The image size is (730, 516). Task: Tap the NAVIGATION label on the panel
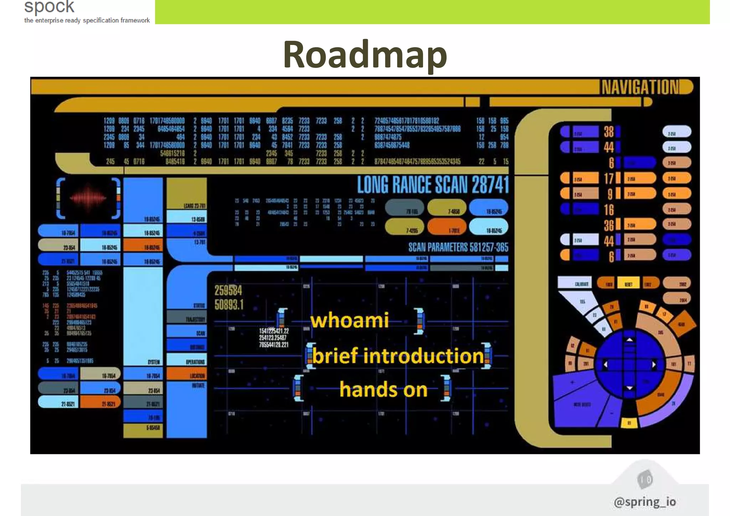640,87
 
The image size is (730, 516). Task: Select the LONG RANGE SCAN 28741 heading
433,185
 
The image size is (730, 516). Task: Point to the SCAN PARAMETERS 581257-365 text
458,247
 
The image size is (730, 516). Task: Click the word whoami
349,320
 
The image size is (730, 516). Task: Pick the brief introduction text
398,356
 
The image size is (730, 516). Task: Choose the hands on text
383,389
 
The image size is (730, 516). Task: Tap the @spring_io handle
644,501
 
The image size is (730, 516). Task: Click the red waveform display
88,198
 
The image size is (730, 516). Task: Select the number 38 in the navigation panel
608,132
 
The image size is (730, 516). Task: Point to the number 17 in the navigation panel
608,178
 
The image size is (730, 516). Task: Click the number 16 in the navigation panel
608,210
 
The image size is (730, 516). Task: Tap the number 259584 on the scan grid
228,291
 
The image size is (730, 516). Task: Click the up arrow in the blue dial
629,340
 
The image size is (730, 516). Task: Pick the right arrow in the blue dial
653,364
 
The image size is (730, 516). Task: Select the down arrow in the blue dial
629,388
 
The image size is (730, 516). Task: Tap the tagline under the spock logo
87,21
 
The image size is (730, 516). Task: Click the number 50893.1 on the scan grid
229,305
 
